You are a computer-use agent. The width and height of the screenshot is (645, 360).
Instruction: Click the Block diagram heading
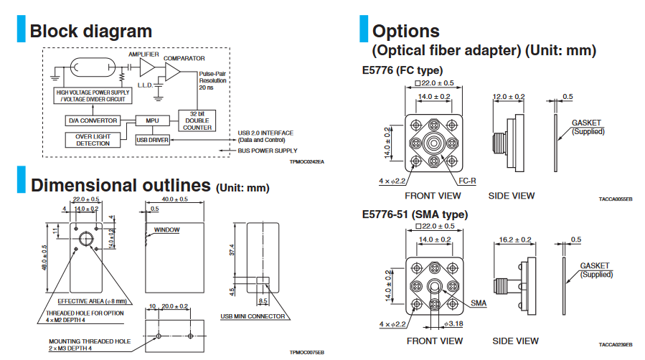pos(90,32)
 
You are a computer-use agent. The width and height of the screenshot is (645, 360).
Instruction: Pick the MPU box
pos(151,120)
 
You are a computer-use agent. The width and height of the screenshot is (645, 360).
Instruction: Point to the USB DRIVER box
pos(152,140)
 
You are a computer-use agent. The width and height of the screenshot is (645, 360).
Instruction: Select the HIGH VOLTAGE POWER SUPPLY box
pos(93,96)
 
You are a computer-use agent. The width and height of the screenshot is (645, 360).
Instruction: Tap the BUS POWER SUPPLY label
pos(267,151)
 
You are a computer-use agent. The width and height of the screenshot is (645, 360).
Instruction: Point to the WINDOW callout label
pos(166,230)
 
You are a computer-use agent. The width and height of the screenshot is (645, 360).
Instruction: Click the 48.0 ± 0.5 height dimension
pos(44,257)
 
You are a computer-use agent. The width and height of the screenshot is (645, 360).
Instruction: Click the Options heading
pos(406,32)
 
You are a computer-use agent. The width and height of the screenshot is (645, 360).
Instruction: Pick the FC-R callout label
pos(467,181)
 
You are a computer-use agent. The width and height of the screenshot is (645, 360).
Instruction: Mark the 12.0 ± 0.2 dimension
pos(509,96)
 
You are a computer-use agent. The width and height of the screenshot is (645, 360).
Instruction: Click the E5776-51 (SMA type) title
pos(415,214)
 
